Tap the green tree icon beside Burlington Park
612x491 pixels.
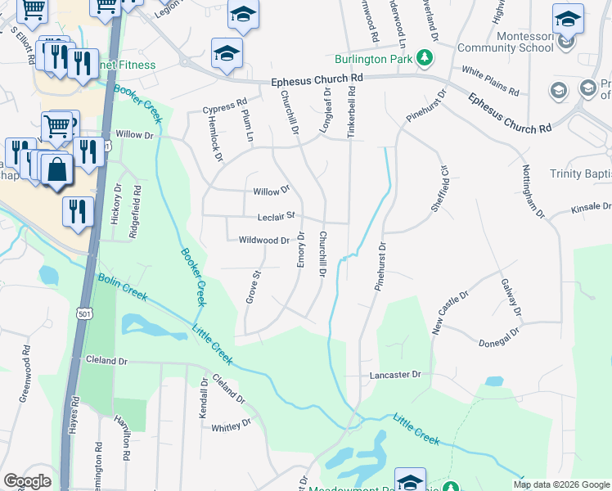(x=424, y=58)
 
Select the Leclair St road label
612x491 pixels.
(x=281, y=217)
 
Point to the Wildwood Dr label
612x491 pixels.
(x=263, y=241)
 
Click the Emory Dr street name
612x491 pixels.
(x=300, y=249)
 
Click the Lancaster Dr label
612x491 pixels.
(x=395, y=374)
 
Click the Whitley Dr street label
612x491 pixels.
(x=231, y=426)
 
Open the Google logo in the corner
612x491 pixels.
(x=28, y=481)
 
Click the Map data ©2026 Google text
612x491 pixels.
(x=560, y=484)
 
